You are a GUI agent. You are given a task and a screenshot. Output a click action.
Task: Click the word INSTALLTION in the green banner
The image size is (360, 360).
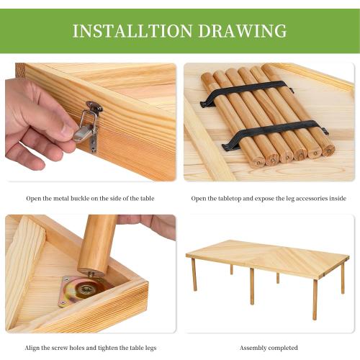[x=132, y=31]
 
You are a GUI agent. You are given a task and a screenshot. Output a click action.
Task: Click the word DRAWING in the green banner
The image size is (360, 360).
[x=243, y=31]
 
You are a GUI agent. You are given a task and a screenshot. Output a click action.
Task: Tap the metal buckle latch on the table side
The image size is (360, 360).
[x=89, y=125]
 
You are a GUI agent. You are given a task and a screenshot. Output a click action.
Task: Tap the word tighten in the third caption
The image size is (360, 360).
[x=107, y=348]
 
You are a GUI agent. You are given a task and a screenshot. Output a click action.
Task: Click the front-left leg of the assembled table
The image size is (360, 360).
[x=194, y=274]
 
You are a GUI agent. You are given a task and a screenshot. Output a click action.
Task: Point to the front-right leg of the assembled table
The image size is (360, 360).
[x=315, y=300]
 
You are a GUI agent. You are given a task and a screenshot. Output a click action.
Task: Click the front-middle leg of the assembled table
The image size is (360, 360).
[x=252, y=287]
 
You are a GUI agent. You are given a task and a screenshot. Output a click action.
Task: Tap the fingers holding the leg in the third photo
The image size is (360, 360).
[x=150, y=225]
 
